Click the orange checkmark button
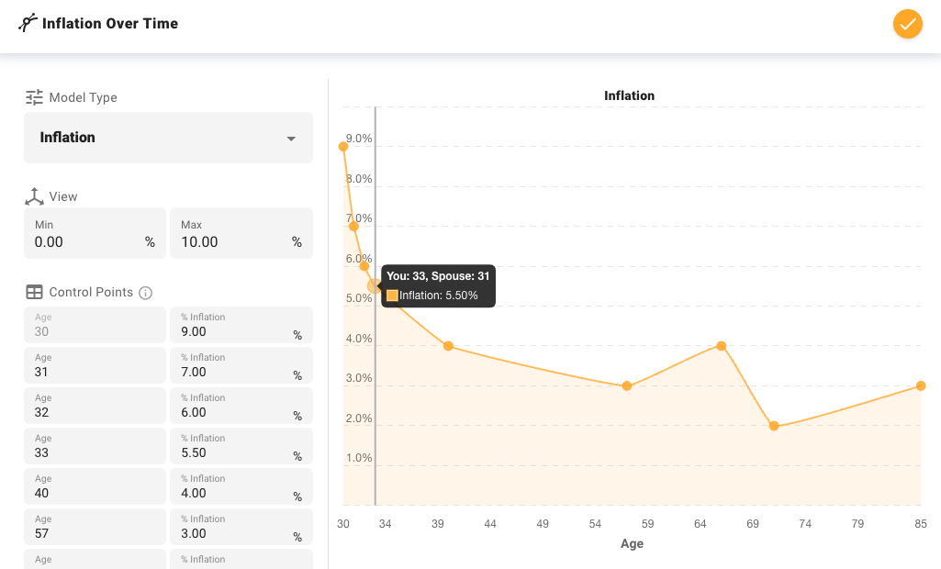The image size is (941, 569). click(907, 24)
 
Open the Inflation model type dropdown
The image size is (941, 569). click(168, 138)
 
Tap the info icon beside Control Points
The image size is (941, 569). click(145, 293)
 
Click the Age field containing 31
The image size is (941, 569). click(95, 372)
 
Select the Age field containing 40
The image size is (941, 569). click(95, 493)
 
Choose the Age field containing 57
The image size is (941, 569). click(95, 533)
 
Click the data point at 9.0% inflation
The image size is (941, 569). click(343, 146)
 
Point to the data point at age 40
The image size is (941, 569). click(448, 346)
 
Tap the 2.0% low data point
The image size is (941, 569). click(774, 426)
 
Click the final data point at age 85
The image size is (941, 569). click(921, 385)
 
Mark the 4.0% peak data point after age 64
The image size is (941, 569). click(722, 346)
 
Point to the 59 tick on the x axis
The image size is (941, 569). click(648, 524)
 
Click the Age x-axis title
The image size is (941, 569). click(632, 543)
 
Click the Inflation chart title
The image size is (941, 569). click(629, 95)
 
